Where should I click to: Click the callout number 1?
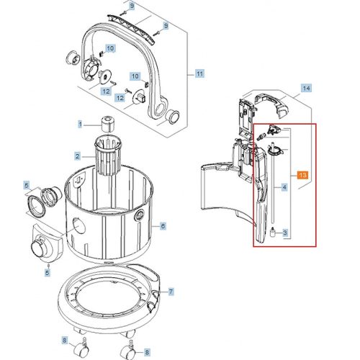click(81, 125)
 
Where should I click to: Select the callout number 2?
click(77, 156)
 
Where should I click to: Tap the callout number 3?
click(285, 233)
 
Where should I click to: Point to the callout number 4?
click(285, 188)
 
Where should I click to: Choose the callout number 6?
click(163, 226)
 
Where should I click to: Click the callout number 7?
click(171, 292)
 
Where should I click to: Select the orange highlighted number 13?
click(302, 175)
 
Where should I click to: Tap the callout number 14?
click(306, 88)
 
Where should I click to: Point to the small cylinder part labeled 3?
click(274, 233)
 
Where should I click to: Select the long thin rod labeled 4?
click(274, 191)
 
